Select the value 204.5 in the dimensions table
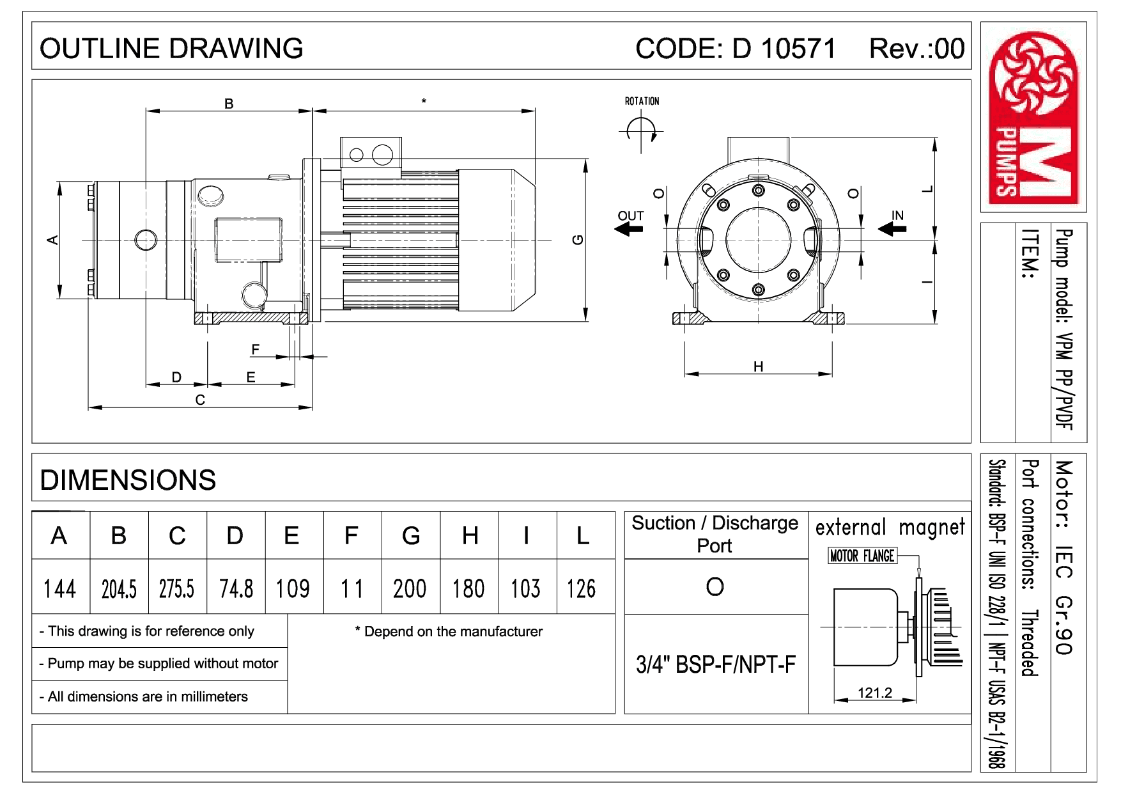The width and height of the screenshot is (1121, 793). (x=119, y=588)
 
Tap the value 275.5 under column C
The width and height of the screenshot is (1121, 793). (x=176, y=588)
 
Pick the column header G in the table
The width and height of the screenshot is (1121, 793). (x=411, y=536)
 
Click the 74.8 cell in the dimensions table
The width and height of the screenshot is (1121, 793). (x=236, y=588)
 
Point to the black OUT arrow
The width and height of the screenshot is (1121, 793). (x=629, y=228)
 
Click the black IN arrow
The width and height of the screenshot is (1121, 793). (x=893, y=228)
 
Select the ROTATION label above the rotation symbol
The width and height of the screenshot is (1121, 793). (x=642, y=101)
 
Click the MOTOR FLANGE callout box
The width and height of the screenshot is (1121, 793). (x=862, y=556)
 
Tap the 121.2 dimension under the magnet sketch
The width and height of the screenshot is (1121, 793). (x=874, y=693)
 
